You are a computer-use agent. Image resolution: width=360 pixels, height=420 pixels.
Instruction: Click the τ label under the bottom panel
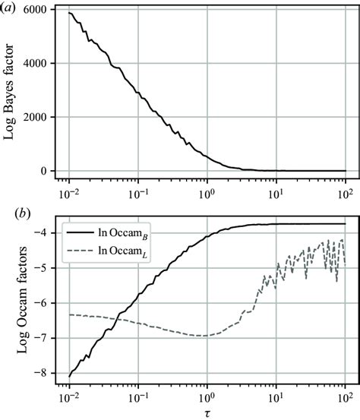coord(207,411)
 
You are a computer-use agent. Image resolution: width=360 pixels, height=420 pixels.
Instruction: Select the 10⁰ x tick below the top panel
coord(207,190)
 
